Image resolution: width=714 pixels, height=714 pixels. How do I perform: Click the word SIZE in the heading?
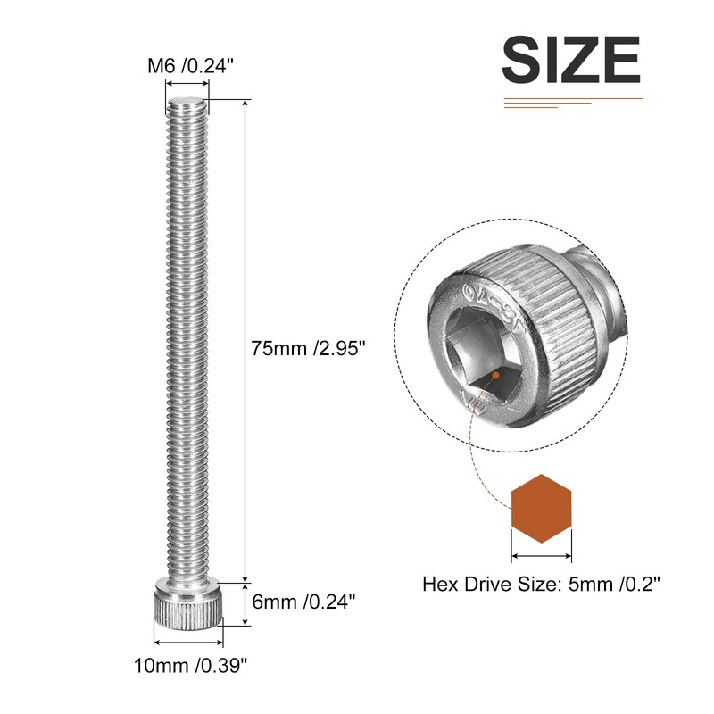[571, 60]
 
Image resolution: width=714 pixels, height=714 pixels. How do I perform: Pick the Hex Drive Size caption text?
[540, 585]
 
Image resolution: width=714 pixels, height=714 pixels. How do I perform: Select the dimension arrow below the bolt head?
[187, 640]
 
